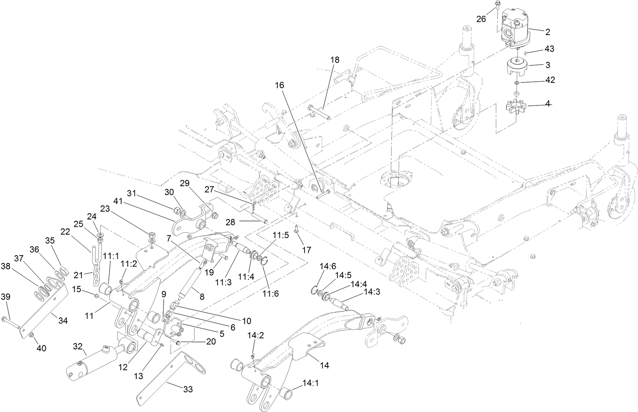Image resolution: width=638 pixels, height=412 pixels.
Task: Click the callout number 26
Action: coord(481,19)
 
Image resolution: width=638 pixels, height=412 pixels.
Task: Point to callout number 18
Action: coord(335,60)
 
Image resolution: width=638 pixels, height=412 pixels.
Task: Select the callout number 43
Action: coord(549,49)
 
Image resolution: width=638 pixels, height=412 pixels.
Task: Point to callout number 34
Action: coord(63,321)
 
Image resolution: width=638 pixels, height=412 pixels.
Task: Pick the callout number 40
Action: coord(41,348)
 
